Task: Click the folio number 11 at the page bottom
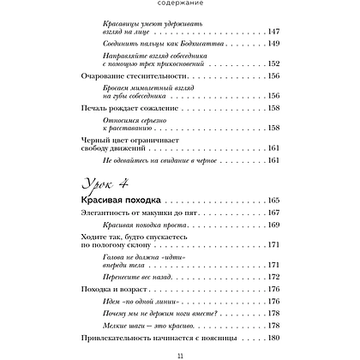(x=180, y=355)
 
